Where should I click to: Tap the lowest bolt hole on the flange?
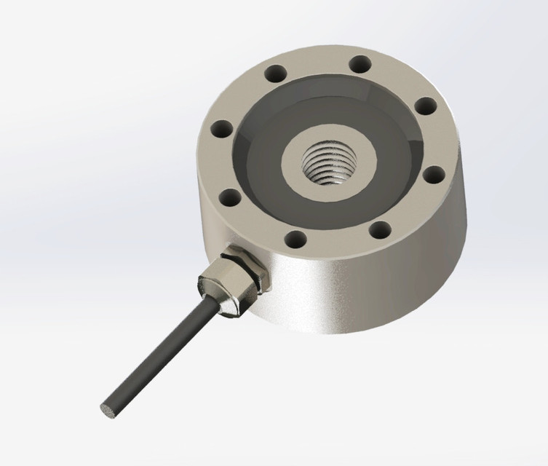coord(294,237)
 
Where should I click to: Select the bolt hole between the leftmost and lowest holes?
coord(231,196)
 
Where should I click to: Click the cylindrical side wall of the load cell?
coord(364,291)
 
